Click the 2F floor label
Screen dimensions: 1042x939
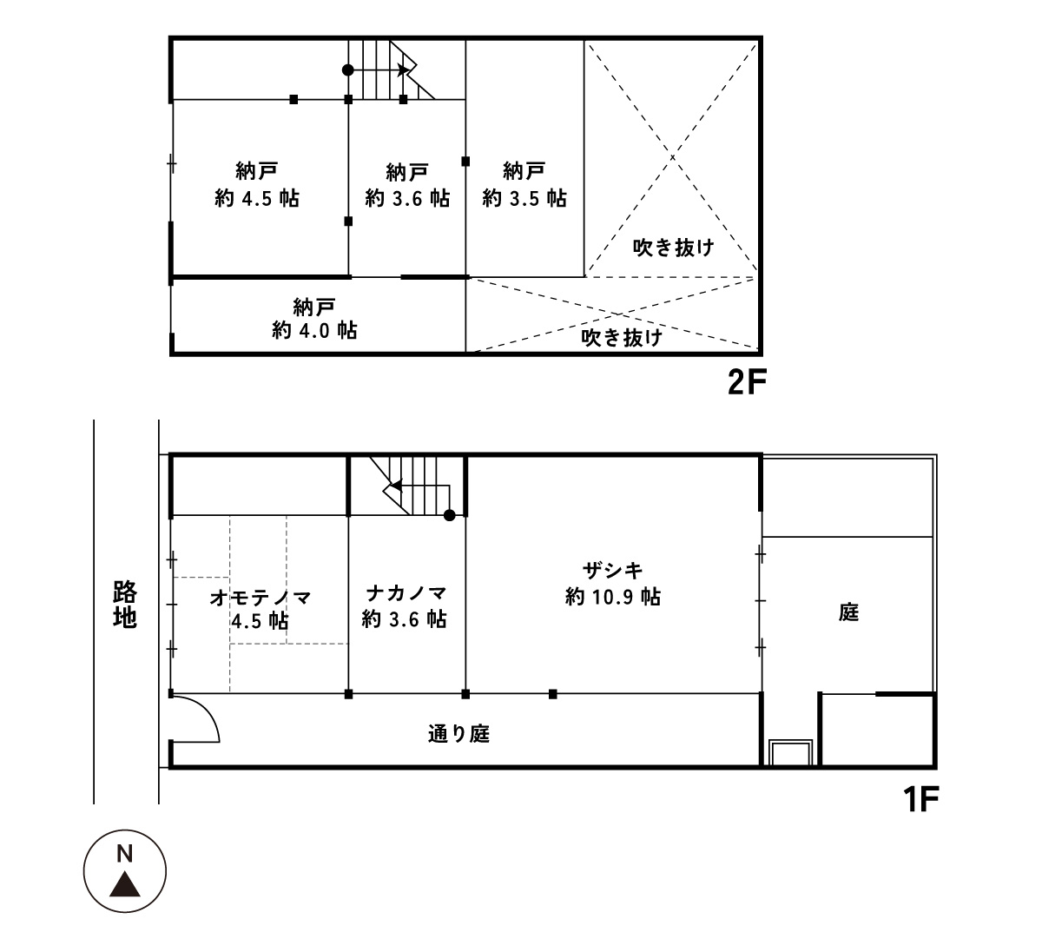coord(747,383)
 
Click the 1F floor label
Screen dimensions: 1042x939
coord(921,799)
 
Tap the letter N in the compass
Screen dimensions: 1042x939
coord(125,854)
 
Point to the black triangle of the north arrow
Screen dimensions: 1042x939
coord(125,884)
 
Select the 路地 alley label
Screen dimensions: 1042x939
coord(125,605)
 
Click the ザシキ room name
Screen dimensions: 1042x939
coord(613,571)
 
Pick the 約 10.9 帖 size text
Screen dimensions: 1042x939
coord(613,597)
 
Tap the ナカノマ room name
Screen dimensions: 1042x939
coord(406,593)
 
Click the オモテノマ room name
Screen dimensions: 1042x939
coord(260,598)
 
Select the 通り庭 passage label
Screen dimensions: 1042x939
coord(458,734)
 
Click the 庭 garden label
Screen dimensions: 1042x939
coord(848,612)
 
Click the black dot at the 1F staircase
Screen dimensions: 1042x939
coord(449,515)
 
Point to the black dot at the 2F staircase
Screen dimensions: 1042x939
coord(348,70)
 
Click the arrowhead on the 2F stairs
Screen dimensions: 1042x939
coord(404,69)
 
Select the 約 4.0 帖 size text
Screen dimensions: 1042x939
coord(315,330)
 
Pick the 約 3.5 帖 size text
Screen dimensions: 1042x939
coord(524,199)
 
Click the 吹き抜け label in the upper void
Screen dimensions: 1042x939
coord(673,248)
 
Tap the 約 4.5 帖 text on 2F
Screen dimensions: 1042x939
coord(257,199)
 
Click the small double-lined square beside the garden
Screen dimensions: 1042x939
coord(790,752)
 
